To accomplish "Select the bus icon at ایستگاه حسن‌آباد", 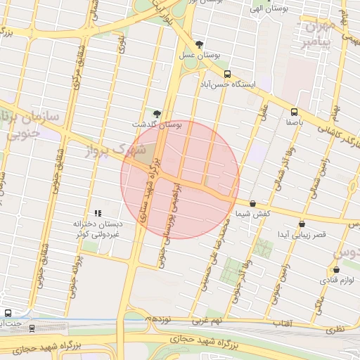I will (x=226, y=73).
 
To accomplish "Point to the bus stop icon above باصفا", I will (x=294, y=111).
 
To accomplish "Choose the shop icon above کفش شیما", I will (x=252, y=203).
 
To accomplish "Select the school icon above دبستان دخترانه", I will (x=98, y=212).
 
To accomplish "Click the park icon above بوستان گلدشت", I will (x=156, y=113).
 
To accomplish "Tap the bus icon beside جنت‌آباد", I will (x=8, y=313).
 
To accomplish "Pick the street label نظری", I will (x=340, y=328).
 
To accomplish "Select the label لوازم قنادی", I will (x=337, y=281).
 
